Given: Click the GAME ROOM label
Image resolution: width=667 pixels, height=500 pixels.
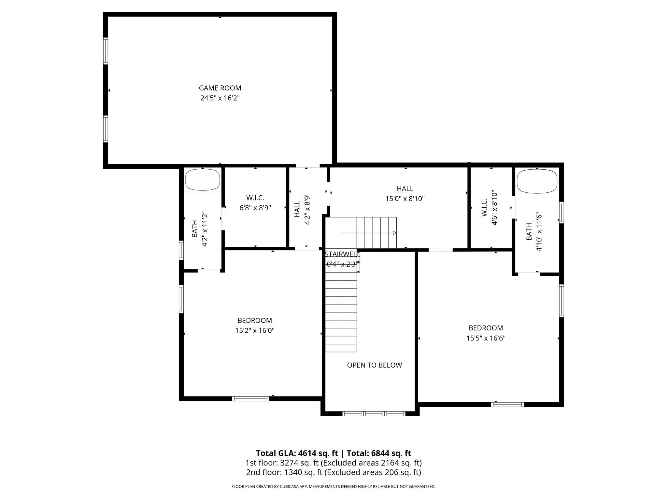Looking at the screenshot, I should coord(220,88).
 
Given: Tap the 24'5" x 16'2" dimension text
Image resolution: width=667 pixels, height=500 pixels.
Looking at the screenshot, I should coord(220,98).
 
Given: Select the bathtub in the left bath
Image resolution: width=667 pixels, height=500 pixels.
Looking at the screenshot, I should coord(202,180).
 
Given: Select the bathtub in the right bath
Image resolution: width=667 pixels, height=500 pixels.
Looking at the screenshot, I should coord(537,181).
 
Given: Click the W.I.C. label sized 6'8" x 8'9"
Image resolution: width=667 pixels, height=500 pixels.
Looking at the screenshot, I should coord(255,198).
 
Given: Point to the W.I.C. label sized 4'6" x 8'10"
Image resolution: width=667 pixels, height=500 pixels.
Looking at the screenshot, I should coord(484,208).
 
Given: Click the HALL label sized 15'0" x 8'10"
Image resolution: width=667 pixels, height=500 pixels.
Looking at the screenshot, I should coord(405,189).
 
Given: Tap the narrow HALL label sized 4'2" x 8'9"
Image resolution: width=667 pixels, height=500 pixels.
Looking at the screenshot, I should coord(297,209).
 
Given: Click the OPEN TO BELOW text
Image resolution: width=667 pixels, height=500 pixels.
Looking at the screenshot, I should coord(374,365).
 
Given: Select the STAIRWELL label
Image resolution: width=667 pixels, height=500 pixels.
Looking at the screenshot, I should coord(342,254).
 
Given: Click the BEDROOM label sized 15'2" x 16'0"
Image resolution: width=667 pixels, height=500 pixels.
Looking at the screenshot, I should coord(255,321).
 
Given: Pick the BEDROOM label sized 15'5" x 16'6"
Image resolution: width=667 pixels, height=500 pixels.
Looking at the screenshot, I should coord(486,328).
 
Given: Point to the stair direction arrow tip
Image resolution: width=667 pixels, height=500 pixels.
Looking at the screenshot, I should coord(395,233).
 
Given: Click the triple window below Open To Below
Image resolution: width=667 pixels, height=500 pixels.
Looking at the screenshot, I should coord(374,414).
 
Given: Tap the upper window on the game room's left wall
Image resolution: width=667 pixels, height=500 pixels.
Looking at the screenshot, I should coord(106,51).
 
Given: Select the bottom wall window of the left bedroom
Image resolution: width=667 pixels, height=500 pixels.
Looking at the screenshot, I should coord(250,398).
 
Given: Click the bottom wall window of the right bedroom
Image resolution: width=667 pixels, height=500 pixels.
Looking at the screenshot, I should coord(507,405).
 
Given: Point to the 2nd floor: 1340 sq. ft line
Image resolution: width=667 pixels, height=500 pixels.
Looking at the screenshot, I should coord(333,472).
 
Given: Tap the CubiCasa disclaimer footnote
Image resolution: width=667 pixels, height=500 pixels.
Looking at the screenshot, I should coord(333,487).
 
